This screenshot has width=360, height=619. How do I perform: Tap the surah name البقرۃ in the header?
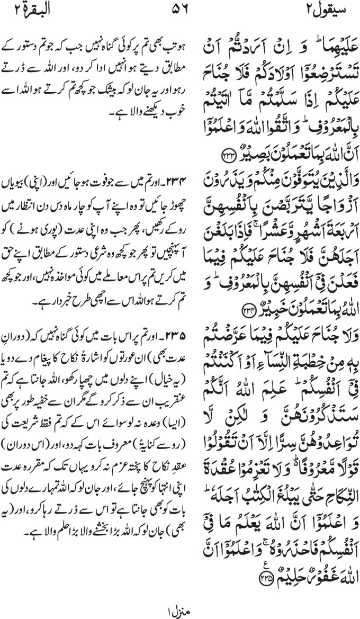tap(30, 9)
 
